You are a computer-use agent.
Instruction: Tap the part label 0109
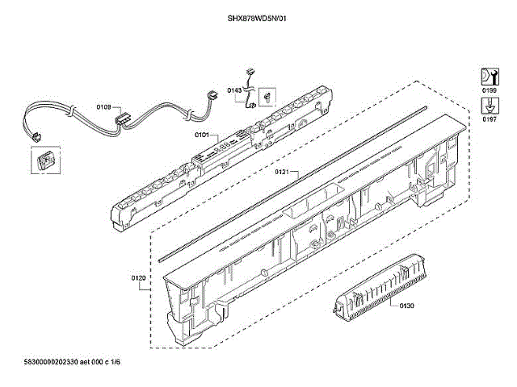(103, 106)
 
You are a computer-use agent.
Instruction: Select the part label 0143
(234, 90)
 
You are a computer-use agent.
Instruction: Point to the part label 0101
(202, 135)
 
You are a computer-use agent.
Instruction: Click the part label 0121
(281, 172)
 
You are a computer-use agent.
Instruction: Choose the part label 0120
(138, 279)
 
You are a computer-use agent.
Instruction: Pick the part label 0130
(406, 306)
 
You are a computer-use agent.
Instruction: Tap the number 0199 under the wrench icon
(490, 90)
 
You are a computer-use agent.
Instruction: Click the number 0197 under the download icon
(490, 119)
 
